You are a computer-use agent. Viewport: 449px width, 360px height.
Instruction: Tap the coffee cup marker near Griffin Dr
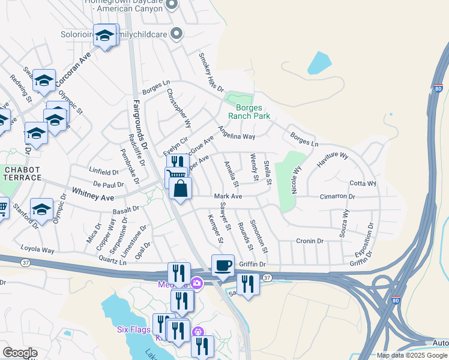[223, 265]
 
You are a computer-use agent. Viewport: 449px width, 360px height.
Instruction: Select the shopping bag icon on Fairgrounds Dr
[180, 189]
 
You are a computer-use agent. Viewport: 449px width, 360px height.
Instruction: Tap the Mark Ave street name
[228, 196]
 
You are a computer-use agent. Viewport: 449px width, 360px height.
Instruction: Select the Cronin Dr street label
[310, 241]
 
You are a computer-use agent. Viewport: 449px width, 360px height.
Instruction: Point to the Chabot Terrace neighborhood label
[22, 173]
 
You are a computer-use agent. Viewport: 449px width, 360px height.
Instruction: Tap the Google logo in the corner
[20, 353]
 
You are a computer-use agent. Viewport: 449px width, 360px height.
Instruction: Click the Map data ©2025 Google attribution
[411, 355]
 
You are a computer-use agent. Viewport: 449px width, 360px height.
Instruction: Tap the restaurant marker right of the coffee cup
[247, 283]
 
